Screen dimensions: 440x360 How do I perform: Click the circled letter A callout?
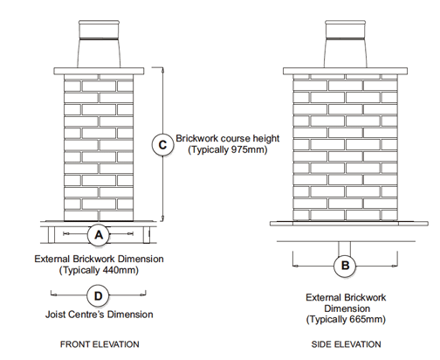pos(99,234)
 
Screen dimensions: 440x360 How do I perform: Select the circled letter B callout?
pos(345,266)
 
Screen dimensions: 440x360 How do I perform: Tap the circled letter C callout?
pos(162,145)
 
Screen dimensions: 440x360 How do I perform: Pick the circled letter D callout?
pos(99,296)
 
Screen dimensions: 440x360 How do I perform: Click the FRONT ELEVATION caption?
pos(100,344)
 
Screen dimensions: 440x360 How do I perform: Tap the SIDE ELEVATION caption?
pos(346,344)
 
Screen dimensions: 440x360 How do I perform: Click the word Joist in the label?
pos(55,315)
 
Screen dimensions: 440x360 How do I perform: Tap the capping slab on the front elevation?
pos(99,71)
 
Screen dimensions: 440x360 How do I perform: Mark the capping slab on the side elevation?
pos(345,71)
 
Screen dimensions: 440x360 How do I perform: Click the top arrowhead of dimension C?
pos(163,69)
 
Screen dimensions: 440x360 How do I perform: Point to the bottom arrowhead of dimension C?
pos(163,218)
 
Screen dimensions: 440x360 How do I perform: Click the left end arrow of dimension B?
pos(295,266)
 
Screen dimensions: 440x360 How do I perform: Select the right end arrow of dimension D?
pos(143,295)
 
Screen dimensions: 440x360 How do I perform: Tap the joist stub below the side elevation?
pos(345,248)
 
